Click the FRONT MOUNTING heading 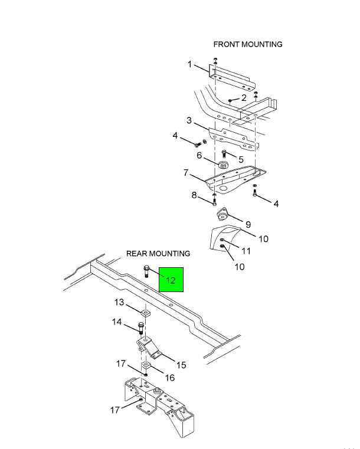point(248,44)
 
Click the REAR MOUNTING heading point(158,254)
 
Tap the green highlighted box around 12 point(171,280)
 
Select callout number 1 point(189,64)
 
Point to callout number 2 point(244,98)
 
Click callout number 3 point(189,120)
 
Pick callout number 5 point(241,159)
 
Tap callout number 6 point(199,155)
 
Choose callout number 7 point(186,173)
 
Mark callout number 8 point(194,195)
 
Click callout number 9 point(248,224)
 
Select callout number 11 point(246,251)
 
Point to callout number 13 point(119,303)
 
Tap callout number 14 point(117,322)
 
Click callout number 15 point(181,365)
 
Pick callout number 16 point(170,378)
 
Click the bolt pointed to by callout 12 point(146,271)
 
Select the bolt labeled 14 point(141,328)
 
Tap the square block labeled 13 point(146,313)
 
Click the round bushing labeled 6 point(224,165)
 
